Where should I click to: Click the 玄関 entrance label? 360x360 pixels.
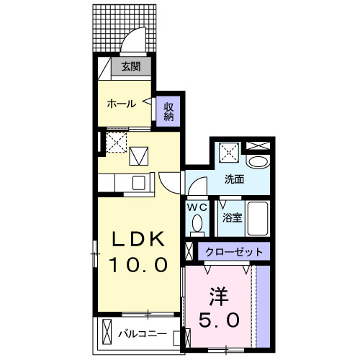pos(130,68)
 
